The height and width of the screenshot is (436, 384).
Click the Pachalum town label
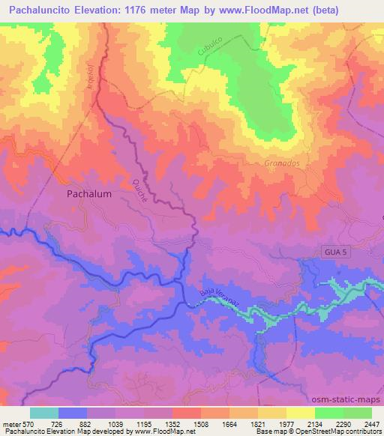[89, 193]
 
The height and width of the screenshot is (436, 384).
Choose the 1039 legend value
[117, 424]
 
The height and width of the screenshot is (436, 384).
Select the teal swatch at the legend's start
[44, 413]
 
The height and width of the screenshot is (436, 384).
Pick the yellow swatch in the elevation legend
[301, 413]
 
